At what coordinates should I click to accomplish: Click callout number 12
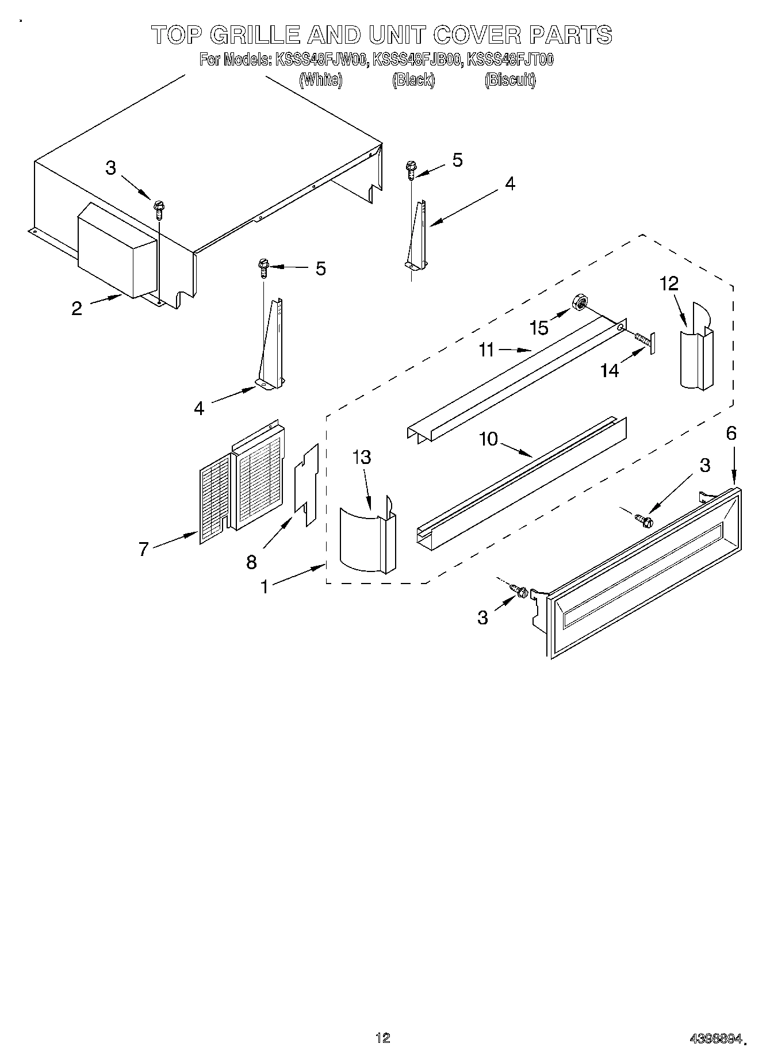(x=669, y=283)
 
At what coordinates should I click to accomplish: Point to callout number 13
(x=362, y=458)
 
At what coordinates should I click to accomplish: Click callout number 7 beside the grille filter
(x=143, y=549)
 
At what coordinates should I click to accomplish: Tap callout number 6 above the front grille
(x=731, y=433)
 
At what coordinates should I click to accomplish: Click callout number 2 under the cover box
(x=76, y=308)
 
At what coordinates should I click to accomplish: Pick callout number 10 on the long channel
(x=489, y=439)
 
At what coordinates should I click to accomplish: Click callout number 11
(x=486, y=350)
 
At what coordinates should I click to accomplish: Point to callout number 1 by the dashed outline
(x=264, y=587)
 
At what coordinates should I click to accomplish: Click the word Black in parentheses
(x=413, y=80)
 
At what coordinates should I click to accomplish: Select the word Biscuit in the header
(x=509, y=80)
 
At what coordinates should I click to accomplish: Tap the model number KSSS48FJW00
(x=321, y=60)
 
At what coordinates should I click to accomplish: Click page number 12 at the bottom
(x=382, y=1038)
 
